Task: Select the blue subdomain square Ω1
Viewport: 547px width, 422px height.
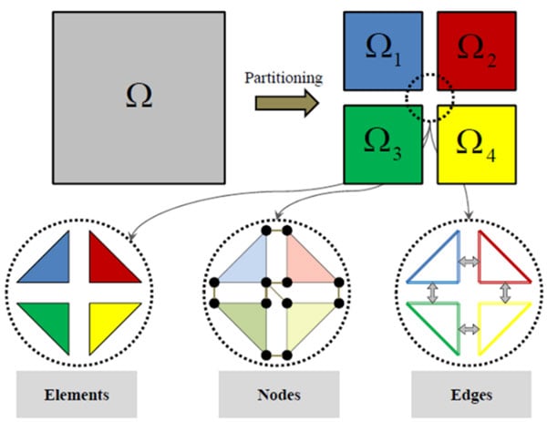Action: [x=383, y=51]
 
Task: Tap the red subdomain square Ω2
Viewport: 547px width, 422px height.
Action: [x=478, y=51]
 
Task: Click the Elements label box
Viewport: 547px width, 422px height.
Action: [x=76, y=395]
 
